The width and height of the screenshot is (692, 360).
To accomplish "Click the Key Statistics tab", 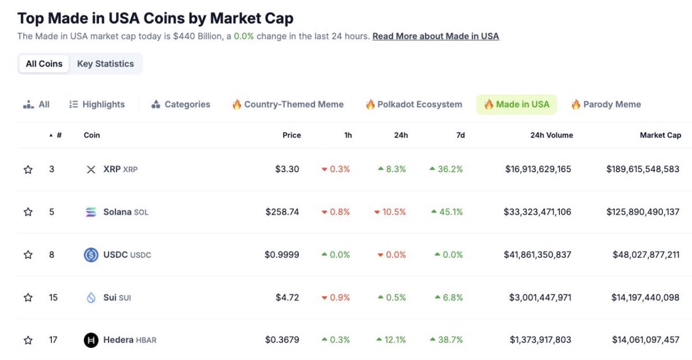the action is coord(106,63).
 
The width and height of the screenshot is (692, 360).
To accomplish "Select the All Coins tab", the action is coord(44,63).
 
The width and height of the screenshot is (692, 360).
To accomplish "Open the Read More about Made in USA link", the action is coord(435,36).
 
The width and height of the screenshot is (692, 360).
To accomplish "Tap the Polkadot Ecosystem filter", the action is coord(414,104).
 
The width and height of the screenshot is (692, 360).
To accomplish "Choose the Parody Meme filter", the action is coord(606,104).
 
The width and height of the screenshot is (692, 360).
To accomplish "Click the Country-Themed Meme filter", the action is coord(288,104).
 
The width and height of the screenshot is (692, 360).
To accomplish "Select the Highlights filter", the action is coord(97,104).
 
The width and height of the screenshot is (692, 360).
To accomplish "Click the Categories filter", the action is coord(180,104).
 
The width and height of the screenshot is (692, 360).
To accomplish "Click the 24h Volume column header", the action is coord(552,135).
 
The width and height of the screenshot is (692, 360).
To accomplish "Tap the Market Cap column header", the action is coord(660,135).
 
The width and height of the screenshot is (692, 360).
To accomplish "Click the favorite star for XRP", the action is coord(28,170).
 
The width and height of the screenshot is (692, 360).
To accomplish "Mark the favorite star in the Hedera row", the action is coord(28,340).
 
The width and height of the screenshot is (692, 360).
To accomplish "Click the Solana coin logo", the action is coord(91,212).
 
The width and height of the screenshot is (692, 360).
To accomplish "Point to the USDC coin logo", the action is coord(91,255).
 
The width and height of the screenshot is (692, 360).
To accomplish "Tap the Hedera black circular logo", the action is coord(91,340).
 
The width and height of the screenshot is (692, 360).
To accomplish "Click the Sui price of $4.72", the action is coord(287,297).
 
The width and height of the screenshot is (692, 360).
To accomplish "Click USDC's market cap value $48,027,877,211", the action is coord(646,254).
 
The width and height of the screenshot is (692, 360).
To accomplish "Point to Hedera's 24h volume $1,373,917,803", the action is coord(540,340).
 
